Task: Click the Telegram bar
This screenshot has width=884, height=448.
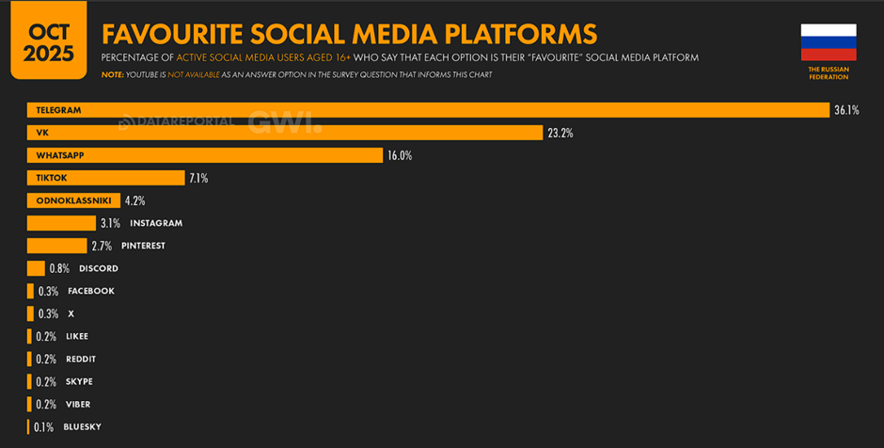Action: [x=427, y=110]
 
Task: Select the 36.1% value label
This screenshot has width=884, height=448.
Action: [x=846, y=110]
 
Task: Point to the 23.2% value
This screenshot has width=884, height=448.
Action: [x=560, y=133]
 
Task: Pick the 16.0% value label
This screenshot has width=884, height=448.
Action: [x=400, y=155]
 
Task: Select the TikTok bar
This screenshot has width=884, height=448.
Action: [x=105, y=178]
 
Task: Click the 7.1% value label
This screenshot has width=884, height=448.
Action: [x=198, y=178]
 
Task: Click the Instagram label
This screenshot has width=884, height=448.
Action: [x=156, y=223]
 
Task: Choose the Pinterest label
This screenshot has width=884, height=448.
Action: [x=143, y=246]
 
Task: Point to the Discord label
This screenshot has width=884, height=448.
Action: [x=99, y=268]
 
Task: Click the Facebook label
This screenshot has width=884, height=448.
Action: [x=91, y=291]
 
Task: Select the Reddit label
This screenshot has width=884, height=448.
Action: [x=81, y=359]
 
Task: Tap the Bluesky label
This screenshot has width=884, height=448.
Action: [x=82, y=427]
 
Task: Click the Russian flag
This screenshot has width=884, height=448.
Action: [x=829, y=42]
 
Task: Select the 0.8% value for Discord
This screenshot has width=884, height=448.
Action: [x=59, y=268]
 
